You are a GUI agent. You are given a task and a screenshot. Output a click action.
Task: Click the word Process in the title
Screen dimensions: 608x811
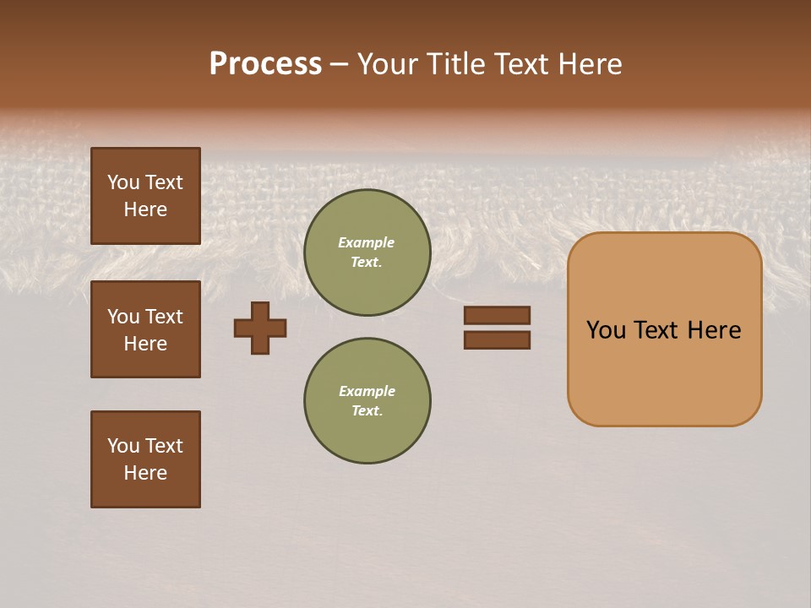[265, 64]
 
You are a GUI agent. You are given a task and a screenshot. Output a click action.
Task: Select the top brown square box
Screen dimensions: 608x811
[145, 196]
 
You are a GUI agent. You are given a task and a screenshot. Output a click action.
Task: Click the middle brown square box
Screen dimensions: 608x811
[145, 329]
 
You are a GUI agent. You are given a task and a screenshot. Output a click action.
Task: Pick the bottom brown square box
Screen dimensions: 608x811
[145, 459]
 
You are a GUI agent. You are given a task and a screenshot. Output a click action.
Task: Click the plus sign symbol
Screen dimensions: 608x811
[260, 328]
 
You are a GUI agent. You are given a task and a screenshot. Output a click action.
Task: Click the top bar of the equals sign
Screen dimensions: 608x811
[497, 315]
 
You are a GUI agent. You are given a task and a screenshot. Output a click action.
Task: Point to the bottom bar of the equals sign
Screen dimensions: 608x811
[497, 339]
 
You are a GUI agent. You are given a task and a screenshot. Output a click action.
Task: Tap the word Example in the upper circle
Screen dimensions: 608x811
[367, 242]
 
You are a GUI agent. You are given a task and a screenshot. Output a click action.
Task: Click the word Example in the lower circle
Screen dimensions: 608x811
[367, 391]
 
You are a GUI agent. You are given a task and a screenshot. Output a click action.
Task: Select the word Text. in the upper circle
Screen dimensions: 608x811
[367, 262]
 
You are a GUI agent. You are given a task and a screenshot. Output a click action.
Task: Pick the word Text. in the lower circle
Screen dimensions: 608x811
[367, 410]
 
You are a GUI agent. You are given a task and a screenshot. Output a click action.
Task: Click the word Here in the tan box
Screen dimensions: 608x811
[714, 330]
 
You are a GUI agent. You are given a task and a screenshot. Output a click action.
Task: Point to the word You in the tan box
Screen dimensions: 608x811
[606, 330]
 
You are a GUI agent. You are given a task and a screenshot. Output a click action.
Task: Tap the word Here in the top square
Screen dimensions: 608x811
[145, 209]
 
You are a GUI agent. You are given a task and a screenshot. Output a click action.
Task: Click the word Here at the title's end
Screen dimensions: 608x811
[591, 64]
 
